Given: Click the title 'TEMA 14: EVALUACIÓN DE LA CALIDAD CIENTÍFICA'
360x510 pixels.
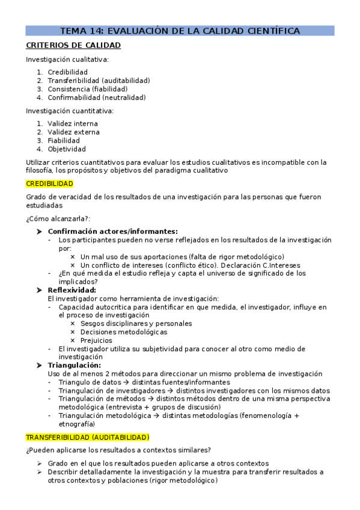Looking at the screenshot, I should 180,31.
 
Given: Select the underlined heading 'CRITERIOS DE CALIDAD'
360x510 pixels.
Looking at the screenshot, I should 73,46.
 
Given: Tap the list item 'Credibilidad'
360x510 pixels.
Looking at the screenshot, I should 67,72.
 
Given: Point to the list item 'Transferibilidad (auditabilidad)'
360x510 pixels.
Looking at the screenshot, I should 99,80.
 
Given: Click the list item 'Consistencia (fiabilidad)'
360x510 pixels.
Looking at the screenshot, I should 87,88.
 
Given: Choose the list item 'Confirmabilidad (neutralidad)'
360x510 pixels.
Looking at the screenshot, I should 96,97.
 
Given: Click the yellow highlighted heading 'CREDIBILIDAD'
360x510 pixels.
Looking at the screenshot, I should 49,183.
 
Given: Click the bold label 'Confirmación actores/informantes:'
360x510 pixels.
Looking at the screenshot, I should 112,231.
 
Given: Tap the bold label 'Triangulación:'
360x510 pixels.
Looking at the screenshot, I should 74,365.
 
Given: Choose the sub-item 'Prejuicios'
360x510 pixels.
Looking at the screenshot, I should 96,340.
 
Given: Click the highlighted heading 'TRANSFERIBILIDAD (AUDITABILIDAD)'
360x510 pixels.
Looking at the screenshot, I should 87,437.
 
